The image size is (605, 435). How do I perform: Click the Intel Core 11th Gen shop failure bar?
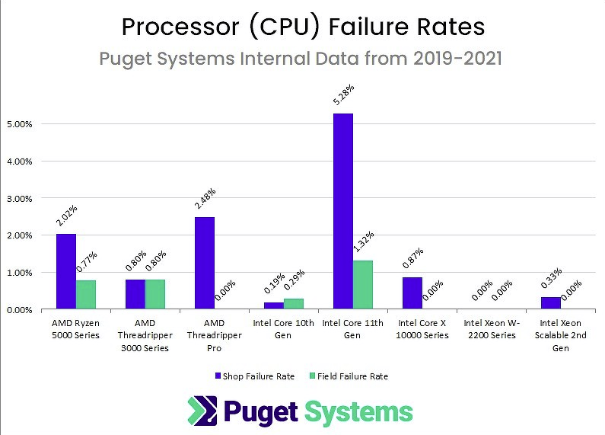343,211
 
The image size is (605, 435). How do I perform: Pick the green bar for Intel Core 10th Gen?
293,304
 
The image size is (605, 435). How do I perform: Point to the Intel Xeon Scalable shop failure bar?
550,303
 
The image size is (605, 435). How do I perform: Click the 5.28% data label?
343,98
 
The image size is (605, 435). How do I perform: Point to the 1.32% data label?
363,245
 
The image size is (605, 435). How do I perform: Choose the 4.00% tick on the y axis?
21,162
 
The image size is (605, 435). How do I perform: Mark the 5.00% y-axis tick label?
21,124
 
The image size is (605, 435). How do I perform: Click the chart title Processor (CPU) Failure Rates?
303,27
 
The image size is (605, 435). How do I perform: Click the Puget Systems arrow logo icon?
202,411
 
